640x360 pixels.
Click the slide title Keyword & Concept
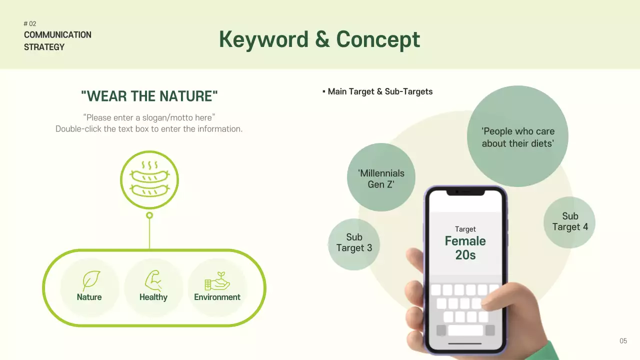tap(319, 39)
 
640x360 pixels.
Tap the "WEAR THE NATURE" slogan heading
tap(149, 96)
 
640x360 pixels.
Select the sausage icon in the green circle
tap(149, 179)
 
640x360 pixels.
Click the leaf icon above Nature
tap(91, 280)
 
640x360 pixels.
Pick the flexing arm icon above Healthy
tap(153, 280)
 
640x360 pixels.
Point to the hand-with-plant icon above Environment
tap(217, 281)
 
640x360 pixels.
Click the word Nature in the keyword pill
tap(89, 297)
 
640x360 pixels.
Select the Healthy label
tap(153, 297)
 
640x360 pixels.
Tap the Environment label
tap(217, 297)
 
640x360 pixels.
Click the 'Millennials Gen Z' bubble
tap(381, 178)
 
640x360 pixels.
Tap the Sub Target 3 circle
tap(354, 243)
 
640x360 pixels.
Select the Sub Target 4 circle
tap(569, 221)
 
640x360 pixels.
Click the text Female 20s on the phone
tap(465, 248)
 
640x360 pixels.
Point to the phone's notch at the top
tap(465, 192)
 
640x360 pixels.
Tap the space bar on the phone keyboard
tap(465, 330)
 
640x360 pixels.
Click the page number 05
tap(623, 341)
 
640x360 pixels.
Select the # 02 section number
tap(30, 23)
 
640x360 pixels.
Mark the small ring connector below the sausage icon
tap(149, 215)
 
